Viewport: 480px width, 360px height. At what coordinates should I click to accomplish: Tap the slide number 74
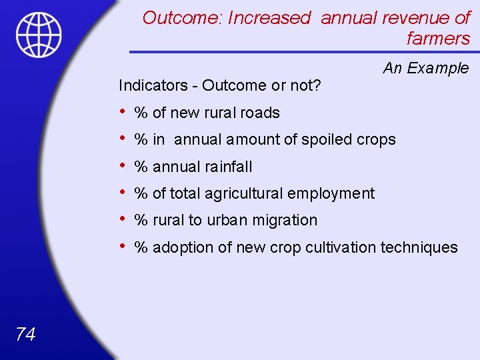(25, 334)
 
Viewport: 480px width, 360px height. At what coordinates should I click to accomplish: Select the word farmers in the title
(438, 39)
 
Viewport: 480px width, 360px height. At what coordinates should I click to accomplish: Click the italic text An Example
(426, 68)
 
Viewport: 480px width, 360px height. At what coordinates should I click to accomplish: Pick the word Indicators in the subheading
(153, 85)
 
